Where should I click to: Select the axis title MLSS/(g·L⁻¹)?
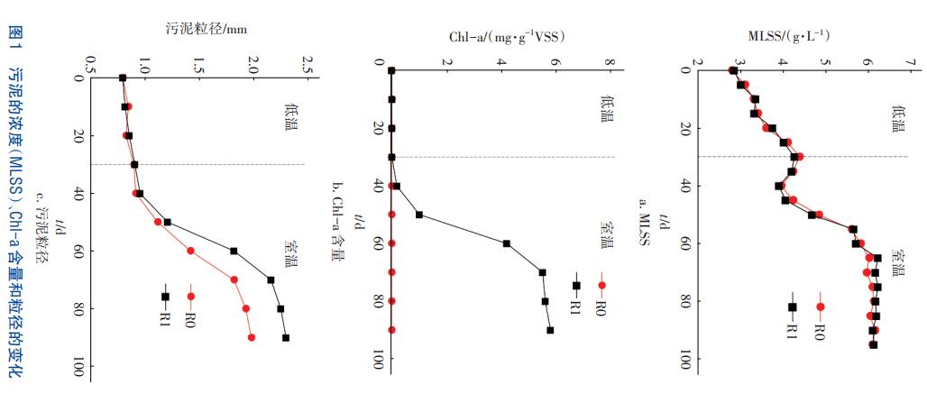pyautogui.click(x=789, y=36)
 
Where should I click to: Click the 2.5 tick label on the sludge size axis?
pyautogui.click(x=307, y=66)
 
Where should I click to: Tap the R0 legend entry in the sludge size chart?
pyautogui.click(x=191, y=306)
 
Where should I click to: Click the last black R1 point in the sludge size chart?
pyautogui.click(x=286, y=338)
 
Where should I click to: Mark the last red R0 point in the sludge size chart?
pyautogui.click(x=252, y=337)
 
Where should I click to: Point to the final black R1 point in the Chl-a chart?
pyautogui.click(x=550, y=330)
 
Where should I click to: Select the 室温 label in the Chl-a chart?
pyautogui.click(x=604, y=238)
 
